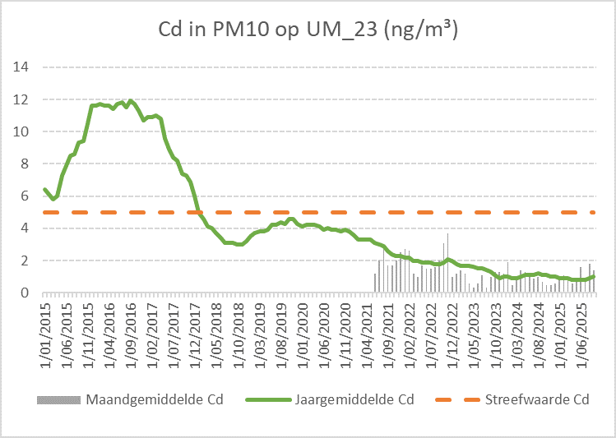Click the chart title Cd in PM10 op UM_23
308,30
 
